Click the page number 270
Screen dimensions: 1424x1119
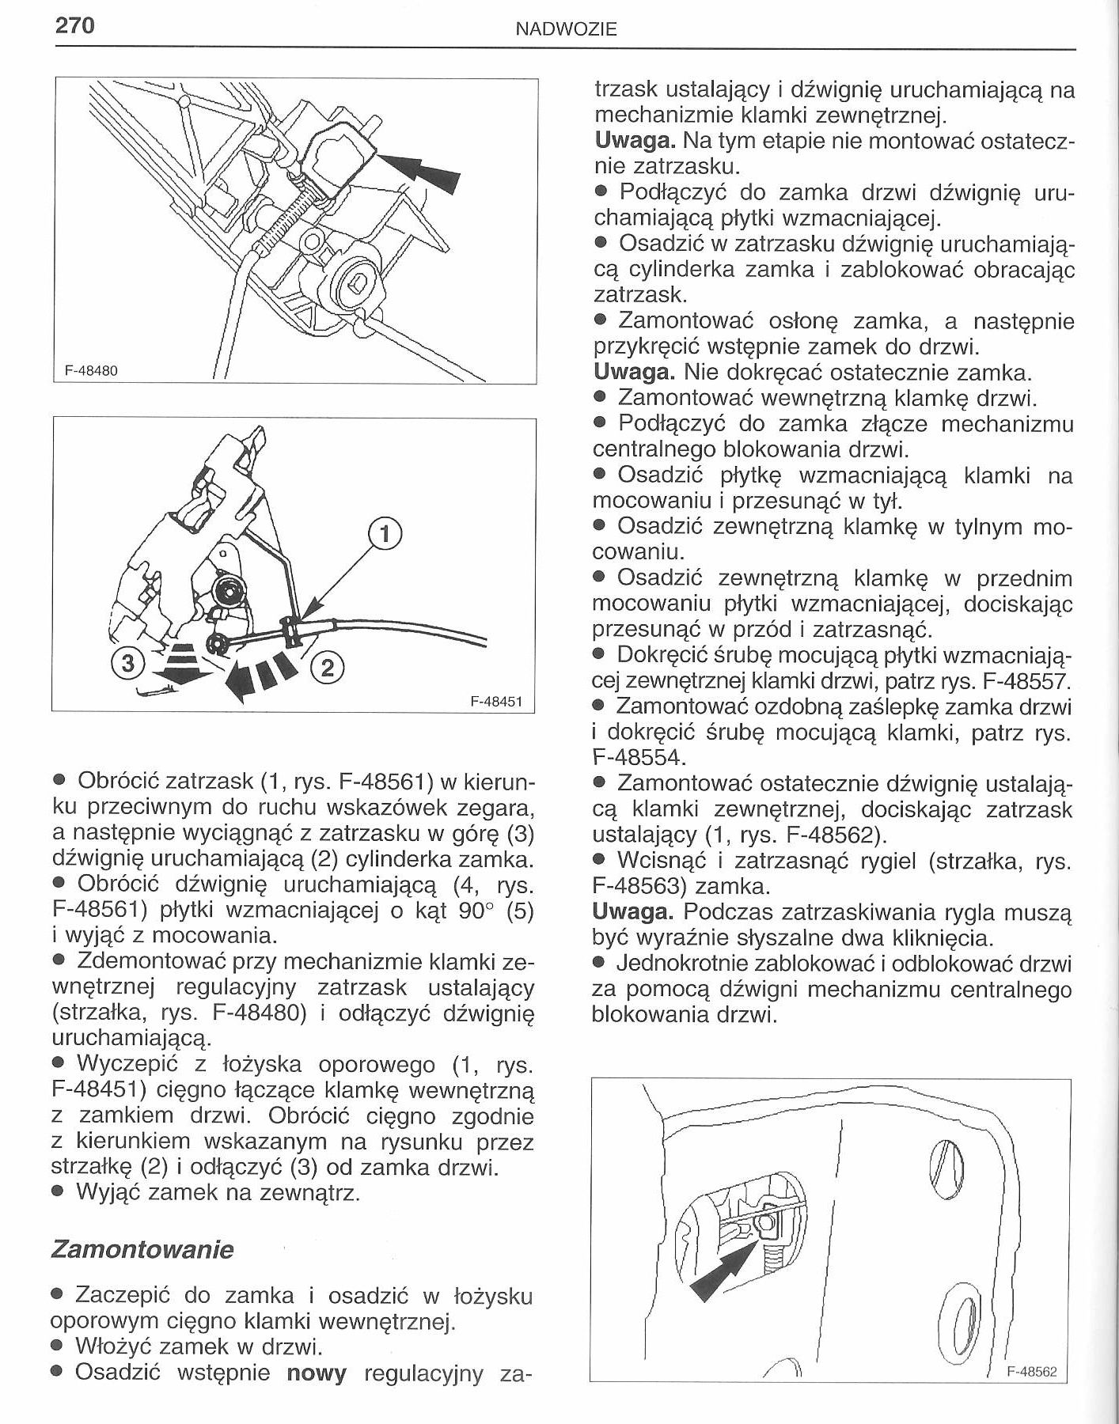[75, 25]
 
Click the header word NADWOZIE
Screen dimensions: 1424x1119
[566, 30]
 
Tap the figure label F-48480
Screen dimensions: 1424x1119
[91, 370]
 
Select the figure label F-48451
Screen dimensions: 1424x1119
[496, 701]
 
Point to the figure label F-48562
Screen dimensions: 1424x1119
[1031, 1372]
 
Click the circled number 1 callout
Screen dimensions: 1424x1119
[385, 535]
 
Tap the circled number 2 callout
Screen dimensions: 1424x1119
[328, 669]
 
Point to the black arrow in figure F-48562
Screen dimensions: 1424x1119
[719, 1274]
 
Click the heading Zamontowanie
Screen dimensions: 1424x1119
[142, 1249]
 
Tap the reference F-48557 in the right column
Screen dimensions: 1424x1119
[1026, 680]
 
